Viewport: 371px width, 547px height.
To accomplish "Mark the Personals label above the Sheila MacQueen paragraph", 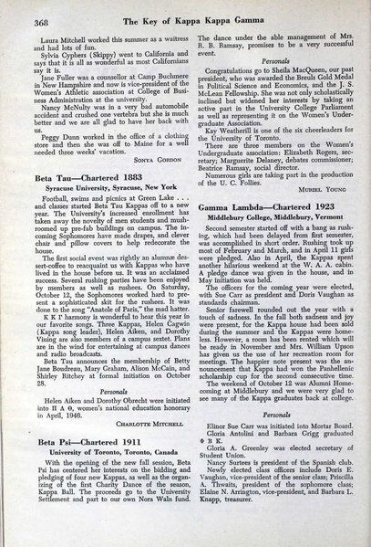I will [x=263, y=68].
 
